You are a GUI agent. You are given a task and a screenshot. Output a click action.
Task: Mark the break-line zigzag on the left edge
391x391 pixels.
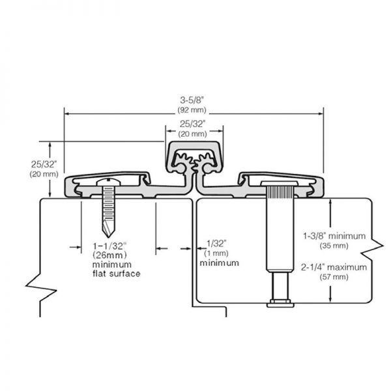coord(39,287)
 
